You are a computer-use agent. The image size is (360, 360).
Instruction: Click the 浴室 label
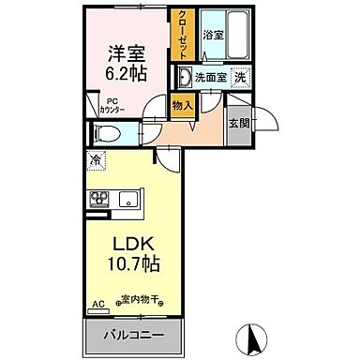coord(213,35)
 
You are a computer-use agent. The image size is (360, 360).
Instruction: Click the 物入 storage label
coord(182,106)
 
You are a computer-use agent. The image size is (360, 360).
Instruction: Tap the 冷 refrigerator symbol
coord(96,160)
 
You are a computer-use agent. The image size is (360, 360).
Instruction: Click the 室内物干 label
coord(142,301)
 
